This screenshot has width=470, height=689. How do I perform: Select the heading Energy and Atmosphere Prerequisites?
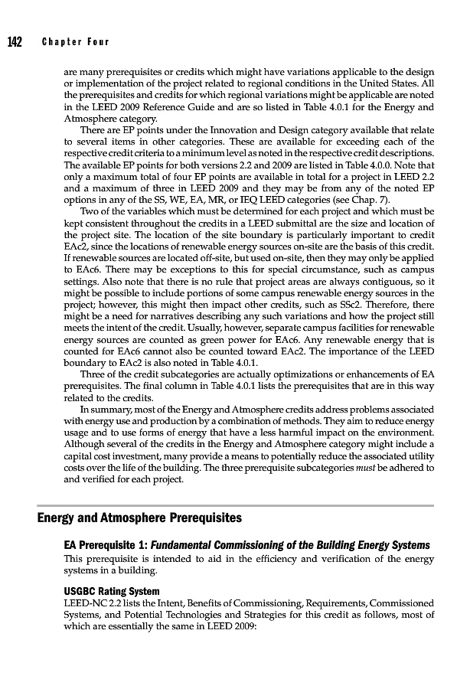(139, 518)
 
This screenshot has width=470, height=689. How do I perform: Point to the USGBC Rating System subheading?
(112, 591)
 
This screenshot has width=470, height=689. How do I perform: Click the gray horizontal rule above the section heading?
(236, 505)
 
